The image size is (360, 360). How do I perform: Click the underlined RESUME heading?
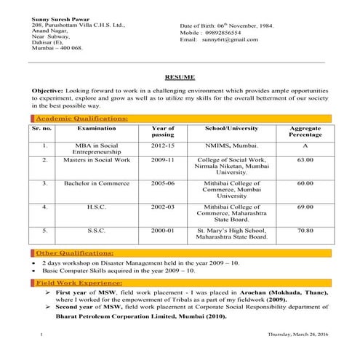click(179, 76)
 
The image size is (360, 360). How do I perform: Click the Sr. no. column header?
click(43, 128)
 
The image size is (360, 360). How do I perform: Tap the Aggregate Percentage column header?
click(305, 132)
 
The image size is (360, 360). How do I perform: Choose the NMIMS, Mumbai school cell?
click(231, 145)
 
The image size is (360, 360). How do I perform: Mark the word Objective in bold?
click(49, 89)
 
